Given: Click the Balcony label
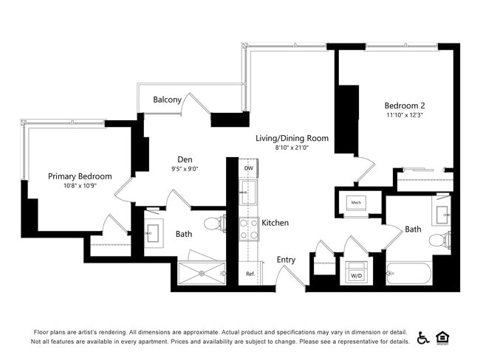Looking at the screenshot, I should (x=167, y=100).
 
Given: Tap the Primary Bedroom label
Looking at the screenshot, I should (x=80, y=176).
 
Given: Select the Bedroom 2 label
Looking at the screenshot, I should (x=404, y=105).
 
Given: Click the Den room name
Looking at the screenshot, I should (x=185, y=159).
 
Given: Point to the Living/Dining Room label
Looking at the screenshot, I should (x=292, y=138).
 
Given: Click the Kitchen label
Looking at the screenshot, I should (x=275, y=223).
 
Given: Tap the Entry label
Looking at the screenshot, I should (x=286, y=260).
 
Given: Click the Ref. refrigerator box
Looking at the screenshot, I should (x=250, y=274).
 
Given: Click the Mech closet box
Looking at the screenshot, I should (x=356, y=202).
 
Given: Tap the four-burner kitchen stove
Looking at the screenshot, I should (x=249, y=229).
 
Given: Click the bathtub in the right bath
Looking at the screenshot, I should (x=409, y=274).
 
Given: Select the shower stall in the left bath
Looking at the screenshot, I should (x=202, y=273).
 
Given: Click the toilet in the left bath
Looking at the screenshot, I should (x=214, y=223).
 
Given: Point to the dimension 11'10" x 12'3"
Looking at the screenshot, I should (x=404, y=115).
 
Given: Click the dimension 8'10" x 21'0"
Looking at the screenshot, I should (x=292, y=148).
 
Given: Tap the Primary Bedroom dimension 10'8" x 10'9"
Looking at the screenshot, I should (x=80, y=187).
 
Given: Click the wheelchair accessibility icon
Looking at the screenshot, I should (x=423, y=337).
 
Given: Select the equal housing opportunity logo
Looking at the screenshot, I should (x=443, y=337).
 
